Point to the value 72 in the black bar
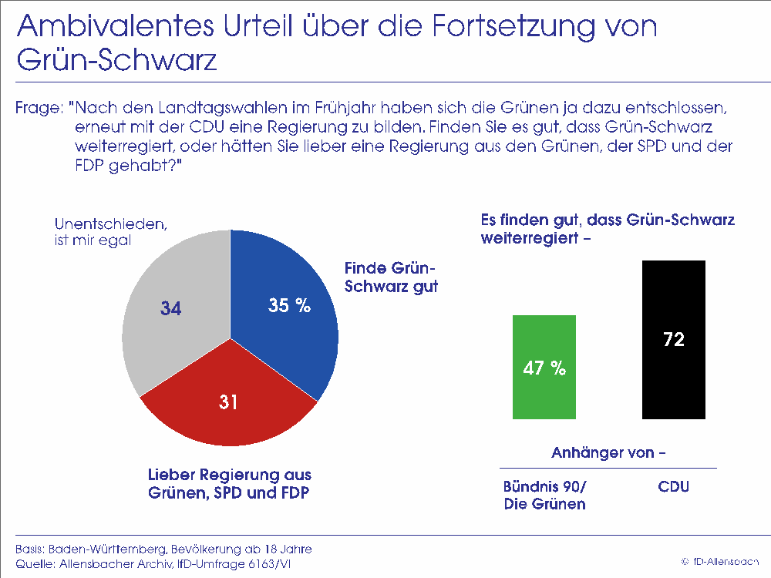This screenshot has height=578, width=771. [x=674, y=340]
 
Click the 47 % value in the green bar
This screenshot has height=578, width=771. [x=544, y=368]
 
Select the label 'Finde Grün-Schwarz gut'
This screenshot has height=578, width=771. [x=391, y=277]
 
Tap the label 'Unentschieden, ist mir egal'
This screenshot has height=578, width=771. [x=110, y=232]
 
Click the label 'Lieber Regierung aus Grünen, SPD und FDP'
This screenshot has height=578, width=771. [x=230, y=484]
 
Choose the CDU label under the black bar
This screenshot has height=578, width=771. [x=674, y=487]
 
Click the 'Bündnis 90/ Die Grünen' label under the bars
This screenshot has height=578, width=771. [x=544, y=496]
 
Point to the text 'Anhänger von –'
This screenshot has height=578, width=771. [x=608, y=452]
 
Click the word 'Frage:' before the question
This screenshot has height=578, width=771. [x=38, y=108]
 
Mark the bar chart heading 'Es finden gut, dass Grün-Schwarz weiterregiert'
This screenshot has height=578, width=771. [x=608, y=229]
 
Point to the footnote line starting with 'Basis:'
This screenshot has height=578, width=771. [x=163, y=549]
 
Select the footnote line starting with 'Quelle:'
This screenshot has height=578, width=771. [x=153, y=564]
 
